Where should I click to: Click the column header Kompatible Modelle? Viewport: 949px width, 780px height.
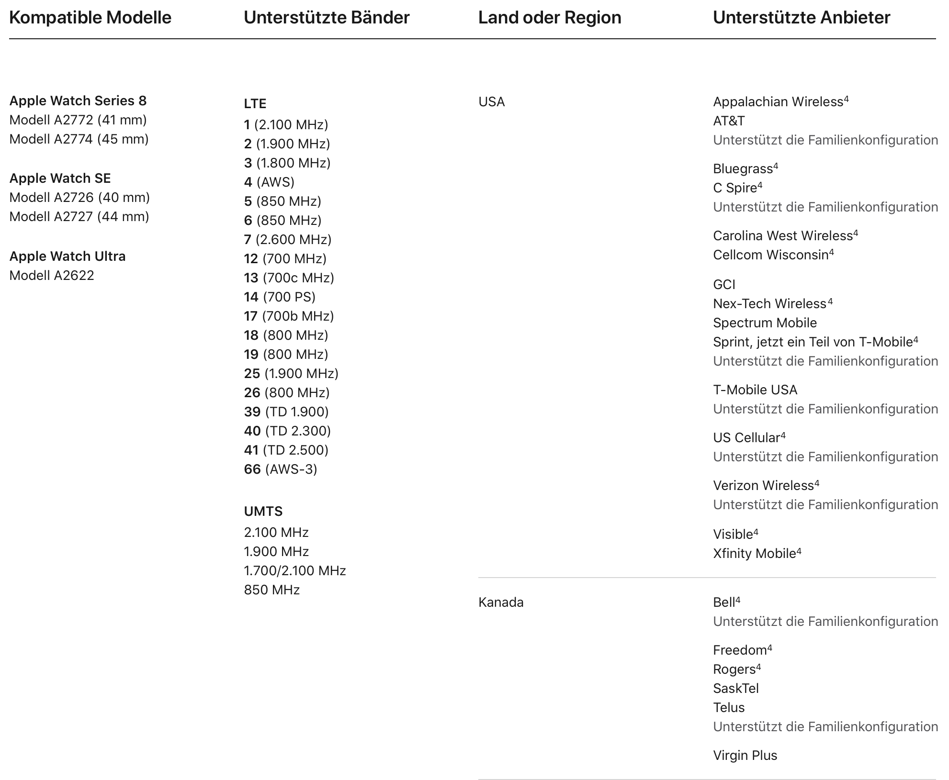click(x=90, y=18)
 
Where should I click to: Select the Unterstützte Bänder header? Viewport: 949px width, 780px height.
click(x=327, y=18)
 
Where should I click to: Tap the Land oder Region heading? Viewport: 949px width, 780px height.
click(x=550, y=18)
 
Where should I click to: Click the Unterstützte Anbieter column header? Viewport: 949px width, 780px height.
click(x=802, y=18)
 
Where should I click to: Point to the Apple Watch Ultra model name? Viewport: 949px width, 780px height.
click(x=68, y=256)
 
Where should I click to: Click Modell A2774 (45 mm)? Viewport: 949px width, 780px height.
click(x=79, y=139)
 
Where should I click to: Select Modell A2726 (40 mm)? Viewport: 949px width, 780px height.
click(x=79, y=197)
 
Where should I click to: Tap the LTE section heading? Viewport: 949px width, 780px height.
click(x=255, y=103)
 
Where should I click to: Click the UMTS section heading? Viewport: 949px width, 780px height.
click(x=263, y=511)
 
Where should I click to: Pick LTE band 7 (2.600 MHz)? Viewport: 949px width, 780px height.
click(x=287, y=239)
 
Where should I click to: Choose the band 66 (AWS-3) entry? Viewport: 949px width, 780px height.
click(x=280, y=469)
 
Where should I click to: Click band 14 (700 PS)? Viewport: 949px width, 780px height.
click(x=280, y=297)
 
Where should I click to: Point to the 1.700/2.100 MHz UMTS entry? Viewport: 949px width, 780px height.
click(x=294, y=570)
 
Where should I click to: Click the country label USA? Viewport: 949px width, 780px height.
click(x=491, y=101)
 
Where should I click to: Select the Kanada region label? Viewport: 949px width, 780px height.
click(x=501, y=602)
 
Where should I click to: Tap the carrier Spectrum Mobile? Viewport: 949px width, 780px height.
click(x=765, y=323)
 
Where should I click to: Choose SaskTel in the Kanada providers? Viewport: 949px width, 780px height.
click(x=735, y=688)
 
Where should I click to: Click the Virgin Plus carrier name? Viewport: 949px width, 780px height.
click(x=745, y=755)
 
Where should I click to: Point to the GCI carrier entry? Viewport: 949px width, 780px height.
click(x=724, y=284)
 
